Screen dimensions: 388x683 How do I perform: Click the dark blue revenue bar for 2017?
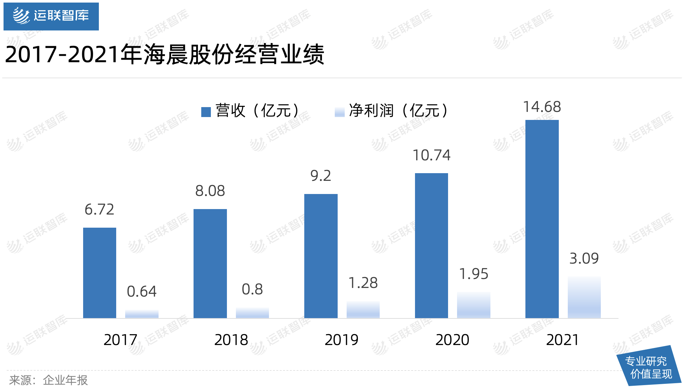click(x=99, y=273)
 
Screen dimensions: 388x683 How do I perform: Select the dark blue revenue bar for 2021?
click(x=542, y=219)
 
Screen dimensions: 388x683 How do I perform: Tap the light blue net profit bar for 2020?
click(x=473, y=305)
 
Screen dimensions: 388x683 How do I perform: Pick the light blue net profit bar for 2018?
click(x=252, y=313)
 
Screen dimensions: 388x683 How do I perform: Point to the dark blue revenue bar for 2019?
click(x=321, y=256)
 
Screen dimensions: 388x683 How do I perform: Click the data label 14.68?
click(x=542, y=107)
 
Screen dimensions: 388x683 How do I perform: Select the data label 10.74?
click(x=431, y=155)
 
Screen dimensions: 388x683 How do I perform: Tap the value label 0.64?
click(x=142, y=291)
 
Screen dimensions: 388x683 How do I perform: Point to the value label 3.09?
click(x=584, y=258)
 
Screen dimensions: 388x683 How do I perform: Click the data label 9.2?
click(x=321, y=176)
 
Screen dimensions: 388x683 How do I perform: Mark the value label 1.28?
click(x=363, y=283)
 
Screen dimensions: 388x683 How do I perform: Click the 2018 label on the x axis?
click(x=231, y=340)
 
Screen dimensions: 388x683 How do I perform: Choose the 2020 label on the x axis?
click(x=452, y=340)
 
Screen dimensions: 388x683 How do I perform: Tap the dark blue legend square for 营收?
click(x=206, y=112)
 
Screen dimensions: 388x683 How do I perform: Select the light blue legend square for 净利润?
click(x=339, y=112)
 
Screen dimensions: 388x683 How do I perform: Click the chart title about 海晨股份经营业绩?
click(x=165, y=55)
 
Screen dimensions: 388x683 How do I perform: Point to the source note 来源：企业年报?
click(x=48, y=380)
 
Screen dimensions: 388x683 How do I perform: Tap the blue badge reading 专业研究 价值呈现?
click(x=649, y=367)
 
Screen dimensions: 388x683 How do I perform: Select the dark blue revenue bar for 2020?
click(x=431, y=245)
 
